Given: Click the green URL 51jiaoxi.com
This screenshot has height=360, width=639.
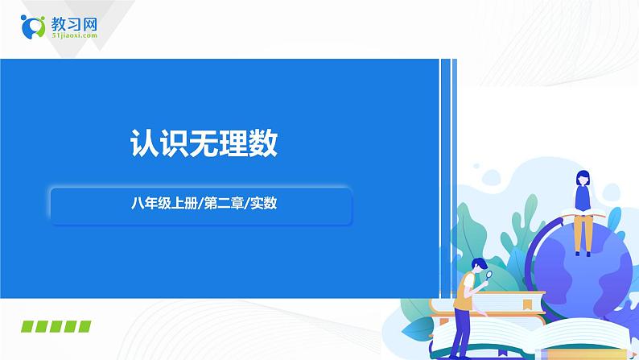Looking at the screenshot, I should (x=74, y=36).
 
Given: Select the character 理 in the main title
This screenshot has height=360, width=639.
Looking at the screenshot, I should (x=233, y=144).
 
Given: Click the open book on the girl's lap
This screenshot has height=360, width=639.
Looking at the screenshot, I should (x=579, y=211).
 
